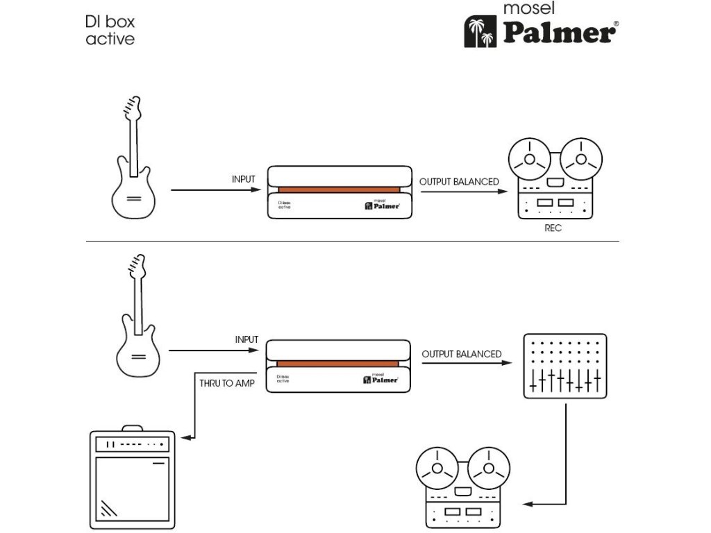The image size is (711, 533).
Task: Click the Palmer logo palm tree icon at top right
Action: [480, 33]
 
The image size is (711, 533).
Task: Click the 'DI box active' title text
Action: [110, 30]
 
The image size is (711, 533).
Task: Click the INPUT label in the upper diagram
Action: [244, 180]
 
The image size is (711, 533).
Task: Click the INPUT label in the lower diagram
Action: [246, 340]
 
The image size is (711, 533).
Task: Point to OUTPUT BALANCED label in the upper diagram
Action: [459, 182]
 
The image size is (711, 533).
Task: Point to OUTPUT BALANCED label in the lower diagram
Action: [461, 355]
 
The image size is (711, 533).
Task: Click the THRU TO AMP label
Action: [226, 383]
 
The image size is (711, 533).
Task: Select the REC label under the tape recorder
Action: [553, 228]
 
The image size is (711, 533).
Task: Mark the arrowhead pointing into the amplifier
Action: [184, 437]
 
